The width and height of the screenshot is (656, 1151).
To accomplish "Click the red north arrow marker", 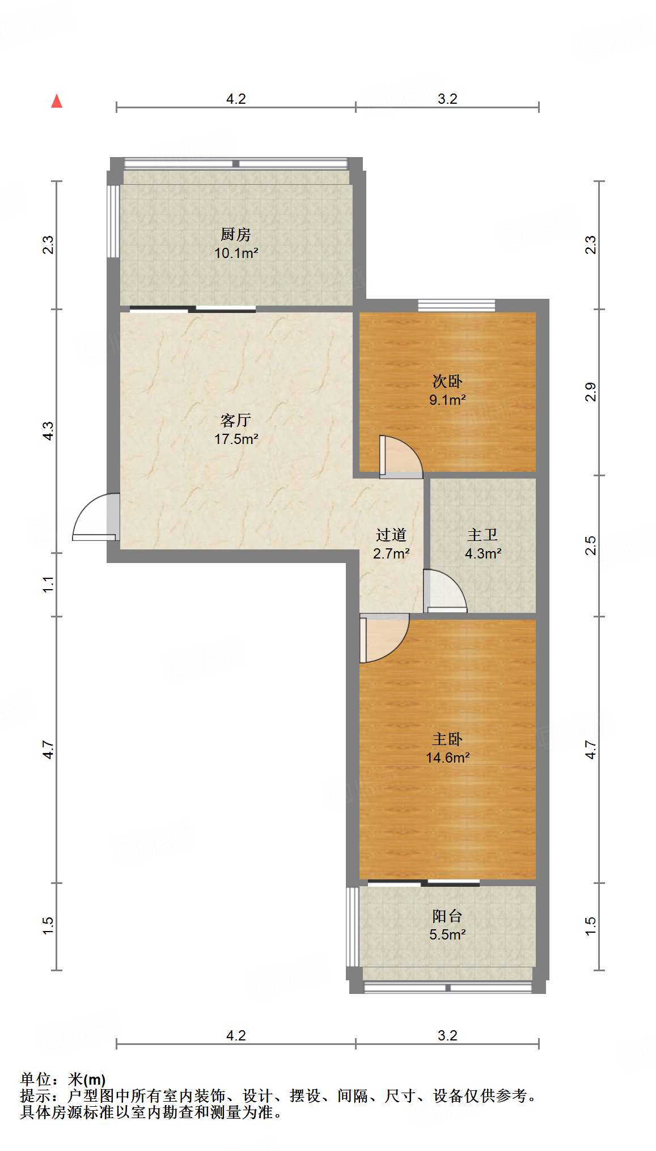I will tap(57, 101).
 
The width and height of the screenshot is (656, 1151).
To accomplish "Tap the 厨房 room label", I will tap(235, 234).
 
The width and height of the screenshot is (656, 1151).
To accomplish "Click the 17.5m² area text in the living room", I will tap(236, 439).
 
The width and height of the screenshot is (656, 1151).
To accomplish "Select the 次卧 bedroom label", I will tap(447, 381).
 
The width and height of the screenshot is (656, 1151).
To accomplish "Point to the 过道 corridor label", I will tap(391, 535).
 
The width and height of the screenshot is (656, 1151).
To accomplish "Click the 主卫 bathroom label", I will tap(483, 535).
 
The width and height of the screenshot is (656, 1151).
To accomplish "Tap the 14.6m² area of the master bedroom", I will tap(447, 758).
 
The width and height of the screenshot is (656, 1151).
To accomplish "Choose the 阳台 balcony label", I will tap(447, 916).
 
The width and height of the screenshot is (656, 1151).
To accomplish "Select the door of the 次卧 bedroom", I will tap(400, 457).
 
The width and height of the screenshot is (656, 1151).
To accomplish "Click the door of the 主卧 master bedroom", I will tap(383, 638).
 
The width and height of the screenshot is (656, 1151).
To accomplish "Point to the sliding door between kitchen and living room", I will tap(193, 309).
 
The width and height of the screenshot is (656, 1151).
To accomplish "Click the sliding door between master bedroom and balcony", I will tap(424, 883).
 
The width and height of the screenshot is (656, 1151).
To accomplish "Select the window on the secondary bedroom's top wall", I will tap(456, 306).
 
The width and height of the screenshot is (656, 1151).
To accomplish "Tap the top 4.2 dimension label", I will tap(236, 99).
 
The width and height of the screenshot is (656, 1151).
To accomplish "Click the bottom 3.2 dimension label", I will tap(447, 1035).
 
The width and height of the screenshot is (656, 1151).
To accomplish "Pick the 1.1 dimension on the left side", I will tap(48, 584).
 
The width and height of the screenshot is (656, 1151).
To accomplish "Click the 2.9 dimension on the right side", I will tap(591, 392).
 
